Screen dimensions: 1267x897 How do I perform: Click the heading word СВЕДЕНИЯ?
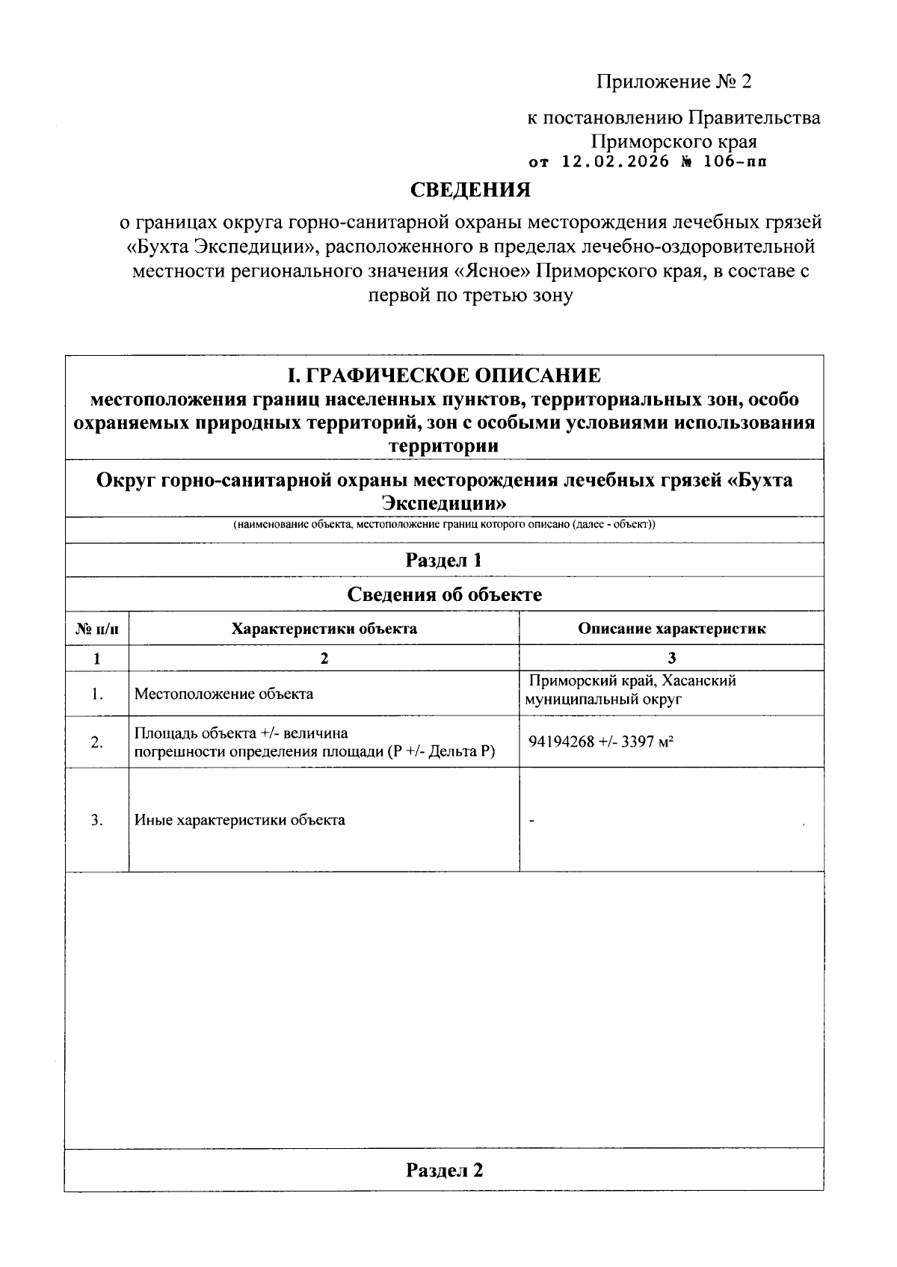pyautogui.click(x=471, y=190)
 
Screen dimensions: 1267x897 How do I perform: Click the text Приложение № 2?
pyautogui.click(x=673, y=81)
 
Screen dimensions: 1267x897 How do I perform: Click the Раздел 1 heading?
pyautogui.click(x=444, y=560)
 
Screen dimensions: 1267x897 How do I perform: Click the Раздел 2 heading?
pyautogui.click(x=444, y=1170)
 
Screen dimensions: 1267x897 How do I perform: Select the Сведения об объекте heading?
pyautogui.click(x=444, y=594)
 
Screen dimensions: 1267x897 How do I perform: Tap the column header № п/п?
pyautogui.click(x=96, y=629)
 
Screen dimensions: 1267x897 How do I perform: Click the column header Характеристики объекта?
pyautogui.click(x=324, y=629)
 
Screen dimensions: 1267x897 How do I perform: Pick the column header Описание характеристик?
pyautogui.click(x=671, y=629)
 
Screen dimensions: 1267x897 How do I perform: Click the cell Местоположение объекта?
pyautogui.click(x=224, y=694)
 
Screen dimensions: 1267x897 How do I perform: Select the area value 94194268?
pyautogui.click(x=561, y=742)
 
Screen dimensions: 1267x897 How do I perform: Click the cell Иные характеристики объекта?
pyautogui.click(x=239, y=820)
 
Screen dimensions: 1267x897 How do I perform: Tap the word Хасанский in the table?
pyautogui.click(x=694, y=681)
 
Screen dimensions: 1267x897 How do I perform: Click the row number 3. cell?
pyautogui.click(x=96, y=820)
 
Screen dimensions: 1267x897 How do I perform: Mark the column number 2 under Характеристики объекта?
pyautogui.click(x=324, y=659)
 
